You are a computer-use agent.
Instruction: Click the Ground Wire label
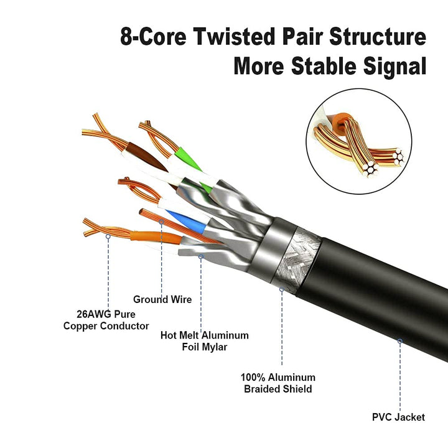click(x=162, y=299)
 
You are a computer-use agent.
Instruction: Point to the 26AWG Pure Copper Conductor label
click(x=106, y=320)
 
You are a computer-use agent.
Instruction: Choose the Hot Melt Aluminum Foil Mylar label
click(x=204, y=341)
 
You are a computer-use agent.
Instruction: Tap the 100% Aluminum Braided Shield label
click(x=278, y=383)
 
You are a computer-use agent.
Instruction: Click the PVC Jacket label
click(x=398, y=417)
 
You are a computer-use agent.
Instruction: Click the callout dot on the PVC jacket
click(x=399, y=341)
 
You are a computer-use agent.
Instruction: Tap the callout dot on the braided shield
click(x=281, y=289)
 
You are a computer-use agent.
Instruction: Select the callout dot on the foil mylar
click(x=200, y=256)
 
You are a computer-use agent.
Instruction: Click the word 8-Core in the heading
click(x=153, y=37)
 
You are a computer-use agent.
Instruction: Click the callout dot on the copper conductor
click(x=108, y=236)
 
